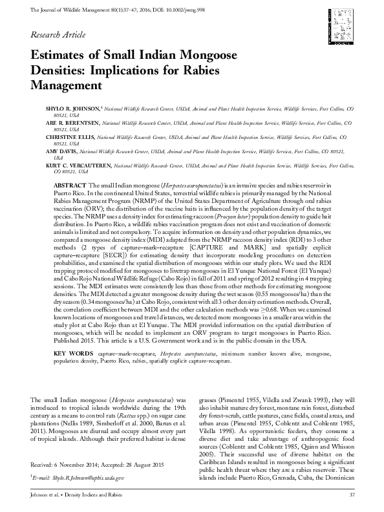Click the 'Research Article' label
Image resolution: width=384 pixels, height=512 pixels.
[56, 33]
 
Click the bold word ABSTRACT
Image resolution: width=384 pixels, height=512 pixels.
[65, 185]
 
